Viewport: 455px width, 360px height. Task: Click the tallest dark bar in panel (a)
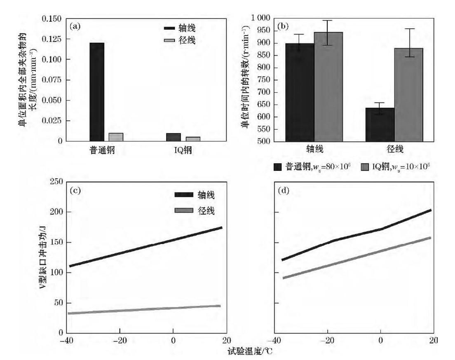(x=97, y=92)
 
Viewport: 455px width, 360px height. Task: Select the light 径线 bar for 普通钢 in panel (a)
(x=116, y=137)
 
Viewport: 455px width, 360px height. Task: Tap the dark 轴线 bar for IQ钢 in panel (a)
(x=174, y=137)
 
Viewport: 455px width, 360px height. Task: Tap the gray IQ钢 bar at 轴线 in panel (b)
(x=328, y=87)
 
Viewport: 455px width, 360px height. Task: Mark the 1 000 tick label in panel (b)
(x=259, y=18)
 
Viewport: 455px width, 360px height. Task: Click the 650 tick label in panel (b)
(x=263, y=105)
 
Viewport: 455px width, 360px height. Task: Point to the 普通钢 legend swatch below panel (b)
(x=278, y=167)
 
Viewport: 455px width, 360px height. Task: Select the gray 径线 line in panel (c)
(x=144, y=309)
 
